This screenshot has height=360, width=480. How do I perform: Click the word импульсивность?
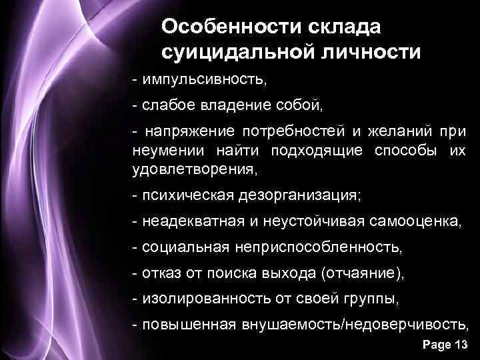coord(203,81)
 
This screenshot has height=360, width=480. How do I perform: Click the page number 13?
coord(461,345)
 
